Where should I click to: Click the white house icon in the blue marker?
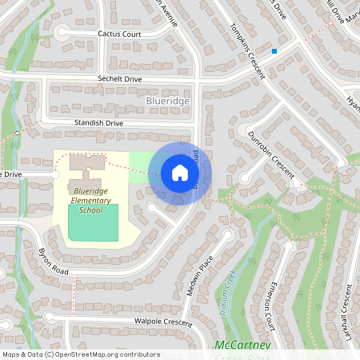179,173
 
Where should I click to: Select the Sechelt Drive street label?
119,79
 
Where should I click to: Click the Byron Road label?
54,262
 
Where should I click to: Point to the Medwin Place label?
203,275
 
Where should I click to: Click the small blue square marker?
274,51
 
